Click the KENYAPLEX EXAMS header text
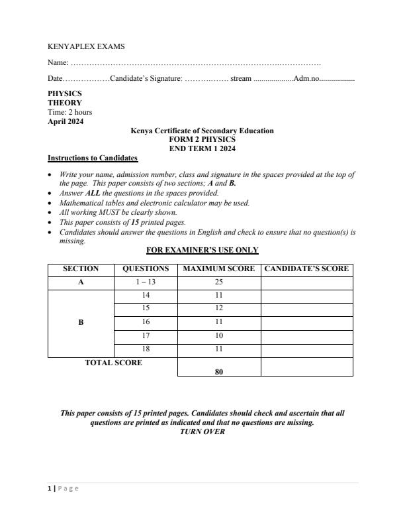coord(86,46)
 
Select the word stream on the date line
coord(240,79)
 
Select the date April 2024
coord(66,121)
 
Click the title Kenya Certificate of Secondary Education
coord(202,131)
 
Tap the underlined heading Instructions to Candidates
coord(93,158)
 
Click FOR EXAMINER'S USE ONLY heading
coord(202,250)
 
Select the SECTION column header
coord(81,269)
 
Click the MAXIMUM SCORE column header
coord(219,269)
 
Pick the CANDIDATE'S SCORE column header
coord(306,269)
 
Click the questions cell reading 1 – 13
coord(146,282)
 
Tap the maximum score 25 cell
coord(219,282)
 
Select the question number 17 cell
coord(146,335)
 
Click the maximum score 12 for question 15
coord(219,308)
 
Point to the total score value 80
coord(219,372)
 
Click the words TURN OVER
coord(202,432)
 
